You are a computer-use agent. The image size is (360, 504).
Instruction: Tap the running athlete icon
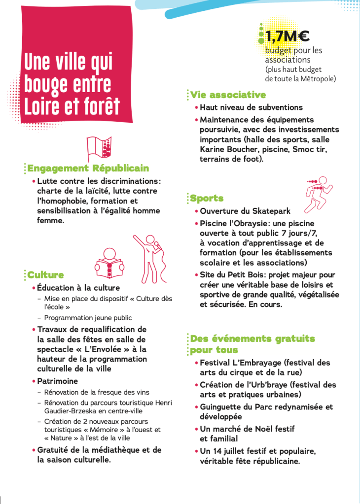pyautogui.click(x=319, y=193)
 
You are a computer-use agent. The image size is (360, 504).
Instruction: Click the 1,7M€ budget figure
pyautogui.click(x=287, y=36)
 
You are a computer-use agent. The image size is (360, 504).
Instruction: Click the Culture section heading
pyautogui.click(x=45, y=275)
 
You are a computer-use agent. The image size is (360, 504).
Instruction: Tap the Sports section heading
pyautogui.click(x=207, y=199)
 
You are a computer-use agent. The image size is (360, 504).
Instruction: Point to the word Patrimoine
pyautogui.click(x=57, y=381)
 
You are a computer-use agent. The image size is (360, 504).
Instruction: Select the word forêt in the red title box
pyautogui.click(x=97, y=106)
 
